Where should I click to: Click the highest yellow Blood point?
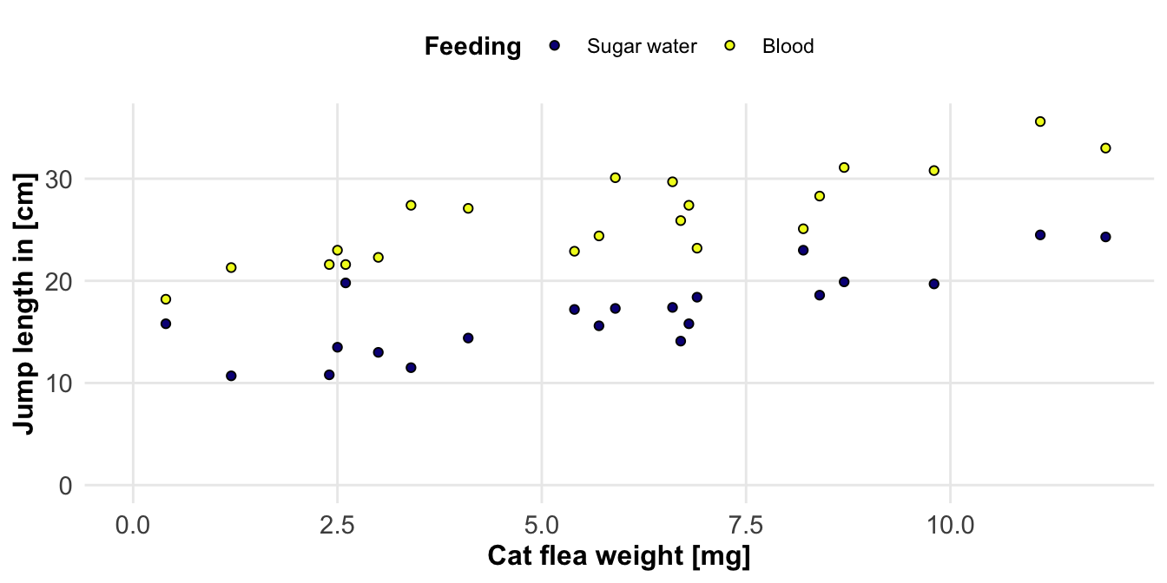(x=1040, y=121)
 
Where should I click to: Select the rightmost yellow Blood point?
(x=1105, y=148)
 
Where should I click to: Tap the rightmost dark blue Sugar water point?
(x=1105, y=237)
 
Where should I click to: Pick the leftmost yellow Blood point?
(x=166, y=299)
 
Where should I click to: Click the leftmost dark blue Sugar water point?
(x=166, y=324)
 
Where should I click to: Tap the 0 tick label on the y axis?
(x=66, y=486)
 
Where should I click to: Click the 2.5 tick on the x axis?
(x=337, y=526)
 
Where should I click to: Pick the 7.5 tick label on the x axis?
(x=746, y=526)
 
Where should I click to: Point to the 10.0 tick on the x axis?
(x=951, y=526)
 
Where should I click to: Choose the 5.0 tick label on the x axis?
(x=542, y=526)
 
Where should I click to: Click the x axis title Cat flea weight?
(x=618, y=557)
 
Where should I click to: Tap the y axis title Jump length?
(x=25, y=304)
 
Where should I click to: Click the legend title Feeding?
(x=472, y=47)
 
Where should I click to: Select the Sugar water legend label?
(x=642, y=47)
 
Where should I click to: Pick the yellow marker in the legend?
(x=730, y=46)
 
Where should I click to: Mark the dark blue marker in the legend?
(x=555, y=46)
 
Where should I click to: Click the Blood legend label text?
(x=788, y=47)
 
